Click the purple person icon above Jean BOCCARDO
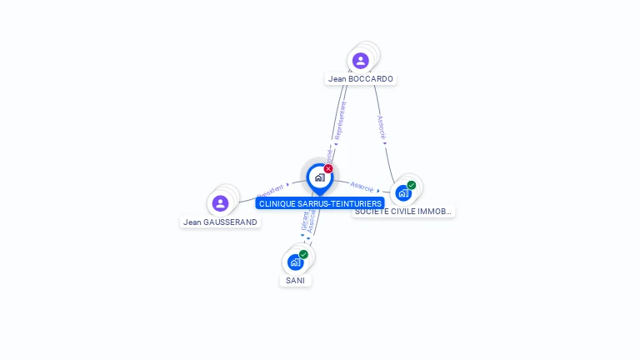[360, 60]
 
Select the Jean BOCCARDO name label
[360, 79]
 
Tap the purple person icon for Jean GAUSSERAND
[220, 203]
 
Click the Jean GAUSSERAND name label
[221, 222]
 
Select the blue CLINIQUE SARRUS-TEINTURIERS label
[320, 203]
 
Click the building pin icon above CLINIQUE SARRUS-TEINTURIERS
[319, 177]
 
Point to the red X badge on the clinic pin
[328, 169]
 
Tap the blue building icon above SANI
[295, 262]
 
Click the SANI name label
[295, 281]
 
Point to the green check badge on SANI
[303, 254]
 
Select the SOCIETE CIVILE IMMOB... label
[403, 212]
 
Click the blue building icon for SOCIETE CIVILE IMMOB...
[403, 193]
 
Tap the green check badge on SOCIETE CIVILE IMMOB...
[412, 185]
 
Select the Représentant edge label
[339, 120]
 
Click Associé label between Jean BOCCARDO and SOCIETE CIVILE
[382, 126]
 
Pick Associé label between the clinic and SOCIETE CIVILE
[362, 185]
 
